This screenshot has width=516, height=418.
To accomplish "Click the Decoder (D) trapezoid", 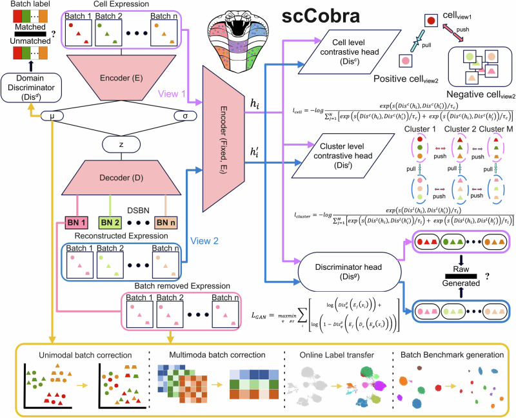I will [x=114, y=175].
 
